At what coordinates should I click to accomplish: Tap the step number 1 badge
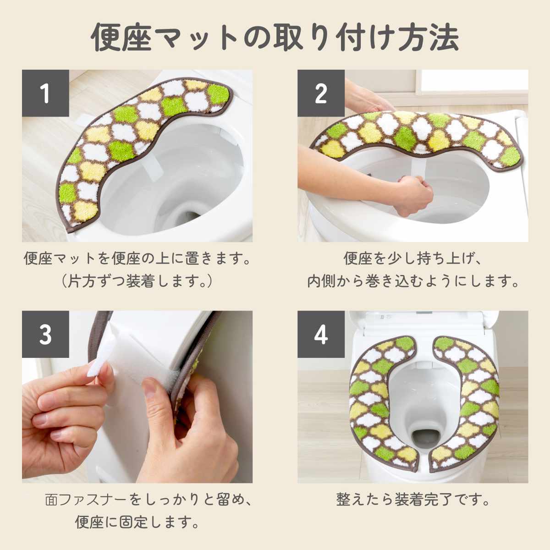point(45,93)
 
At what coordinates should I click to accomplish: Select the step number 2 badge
point(321,93)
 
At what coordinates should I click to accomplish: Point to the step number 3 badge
point(45,334)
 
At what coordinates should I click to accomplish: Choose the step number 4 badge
point(321,334)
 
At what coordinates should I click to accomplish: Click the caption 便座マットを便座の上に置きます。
point(137,258)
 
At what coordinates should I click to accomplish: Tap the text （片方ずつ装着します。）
point(137,281)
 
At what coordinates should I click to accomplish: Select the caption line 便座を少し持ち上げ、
point(412,258)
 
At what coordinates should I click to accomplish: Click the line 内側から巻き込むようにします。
point(412,281)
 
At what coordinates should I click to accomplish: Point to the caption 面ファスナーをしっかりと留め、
point(148,500)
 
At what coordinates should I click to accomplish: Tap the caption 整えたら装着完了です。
point(412,500)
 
